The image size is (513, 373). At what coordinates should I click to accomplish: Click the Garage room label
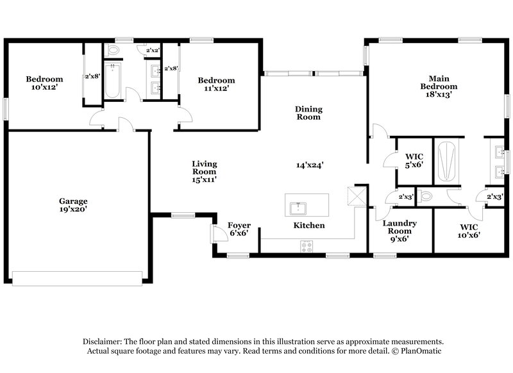tap(74, 201)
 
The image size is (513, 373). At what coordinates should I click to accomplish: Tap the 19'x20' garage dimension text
tap(74, 209)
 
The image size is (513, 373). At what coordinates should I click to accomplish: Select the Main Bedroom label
tap(439, 83)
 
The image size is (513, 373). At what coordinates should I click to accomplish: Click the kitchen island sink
tap(298, 208)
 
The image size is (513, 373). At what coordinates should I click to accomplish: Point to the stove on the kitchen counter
tap(307, 245)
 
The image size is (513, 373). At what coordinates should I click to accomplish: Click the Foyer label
tap(239, 226)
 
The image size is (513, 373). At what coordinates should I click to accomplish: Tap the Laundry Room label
tap(399, 227)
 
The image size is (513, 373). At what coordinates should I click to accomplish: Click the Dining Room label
tap(308, 113)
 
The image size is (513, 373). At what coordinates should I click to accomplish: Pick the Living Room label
tap(204, 167)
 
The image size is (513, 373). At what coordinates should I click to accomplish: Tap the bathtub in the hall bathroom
tap(112, 81)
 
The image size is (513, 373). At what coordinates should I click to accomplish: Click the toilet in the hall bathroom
tap(114, 49)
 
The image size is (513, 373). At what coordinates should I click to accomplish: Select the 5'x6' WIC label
tap(414, 160)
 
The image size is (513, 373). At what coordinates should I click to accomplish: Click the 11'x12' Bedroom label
tap(216, 84)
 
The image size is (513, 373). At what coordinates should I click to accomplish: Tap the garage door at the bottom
tap(77, 278)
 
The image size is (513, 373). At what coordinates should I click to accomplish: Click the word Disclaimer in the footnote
tap(103, 342)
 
